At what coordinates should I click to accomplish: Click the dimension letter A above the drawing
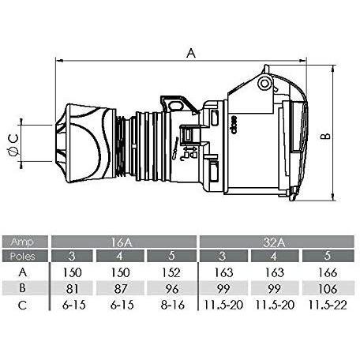click(x=190, y=53)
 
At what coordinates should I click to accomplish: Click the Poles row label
click(x=25, y=256)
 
